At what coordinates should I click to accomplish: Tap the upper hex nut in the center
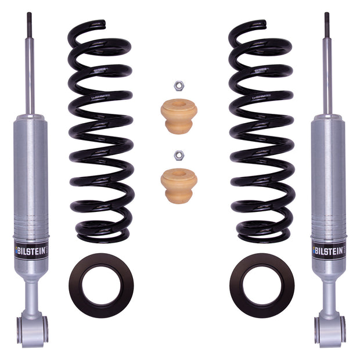(178, 86)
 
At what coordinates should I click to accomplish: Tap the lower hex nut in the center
(178, 155)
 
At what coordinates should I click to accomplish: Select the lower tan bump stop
(178, 185)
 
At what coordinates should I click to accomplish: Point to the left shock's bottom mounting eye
(32, 328)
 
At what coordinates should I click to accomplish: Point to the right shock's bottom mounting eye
(329, 328)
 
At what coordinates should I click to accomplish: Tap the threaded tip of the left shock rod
(29, 20)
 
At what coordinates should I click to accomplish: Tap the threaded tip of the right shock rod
(327, 20)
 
